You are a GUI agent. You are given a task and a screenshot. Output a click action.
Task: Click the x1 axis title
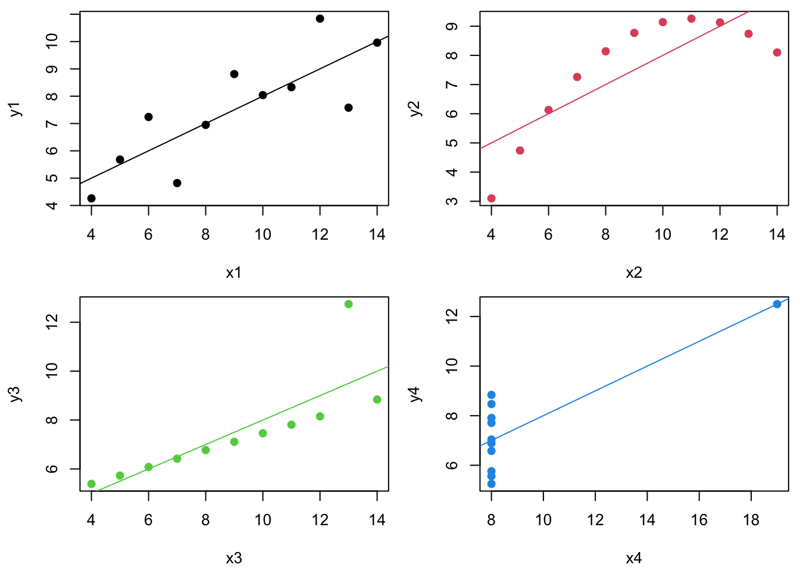click(233, 273)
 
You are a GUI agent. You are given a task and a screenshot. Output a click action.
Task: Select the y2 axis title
click(415, 109)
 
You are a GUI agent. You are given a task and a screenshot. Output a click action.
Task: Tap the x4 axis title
click(634, 559)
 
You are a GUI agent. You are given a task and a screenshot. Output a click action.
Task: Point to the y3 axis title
click(15, 394)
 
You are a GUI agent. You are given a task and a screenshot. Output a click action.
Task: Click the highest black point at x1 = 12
click(320, 18)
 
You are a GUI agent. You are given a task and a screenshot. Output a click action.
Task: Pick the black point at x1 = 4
click(91, 198)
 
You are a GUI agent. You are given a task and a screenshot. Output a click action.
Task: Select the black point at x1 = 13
click(348, 108)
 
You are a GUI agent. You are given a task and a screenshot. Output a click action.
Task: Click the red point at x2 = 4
click(491, 198)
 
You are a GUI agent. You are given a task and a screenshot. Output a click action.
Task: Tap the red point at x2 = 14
click(777, 52)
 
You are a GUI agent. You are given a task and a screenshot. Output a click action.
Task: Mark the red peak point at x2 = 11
click(691, 18)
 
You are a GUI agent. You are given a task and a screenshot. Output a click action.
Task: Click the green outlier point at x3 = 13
click(348, 304)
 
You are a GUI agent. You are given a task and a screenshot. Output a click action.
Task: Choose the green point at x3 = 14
click(377, 399)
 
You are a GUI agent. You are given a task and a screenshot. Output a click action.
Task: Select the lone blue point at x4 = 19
click(777, 304)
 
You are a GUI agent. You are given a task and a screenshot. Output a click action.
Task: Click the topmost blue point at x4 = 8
click(491, 395)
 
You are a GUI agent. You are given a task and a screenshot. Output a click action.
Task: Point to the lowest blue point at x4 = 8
click(491, 484)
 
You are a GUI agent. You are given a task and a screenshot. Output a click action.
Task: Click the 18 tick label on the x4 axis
click(751, 520)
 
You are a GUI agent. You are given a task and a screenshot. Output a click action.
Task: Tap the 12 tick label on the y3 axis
click(52, 322)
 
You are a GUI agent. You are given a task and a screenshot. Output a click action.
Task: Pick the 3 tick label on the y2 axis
click(452, 201)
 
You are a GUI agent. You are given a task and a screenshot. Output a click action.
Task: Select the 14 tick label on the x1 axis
click(377, 235)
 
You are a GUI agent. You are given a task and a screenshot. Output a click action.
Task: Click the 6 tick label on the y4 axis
click(452, 465)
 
